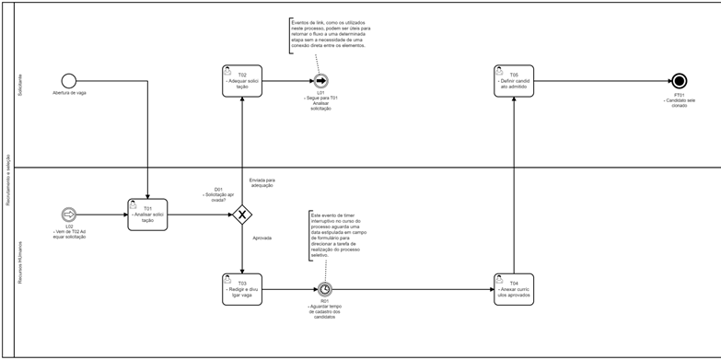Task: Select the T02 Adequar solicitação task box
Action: [x=241, y=81]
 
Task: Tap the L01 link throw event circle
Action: [x=320, y=81]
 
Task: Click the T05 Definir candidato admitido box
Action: [x=514, y=81]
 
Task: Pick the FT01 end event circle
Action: [x=680, y=81]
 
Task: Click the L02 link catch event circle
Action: [x=68, y=215]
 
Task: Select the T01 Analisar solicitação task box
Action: [x=147, y=215]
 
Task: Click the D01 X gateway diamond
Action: [x=241, y=215]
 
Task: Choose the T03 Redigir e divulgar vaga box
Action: [x=241, y=288]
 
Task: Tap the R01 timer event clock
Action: [x=324, y=289]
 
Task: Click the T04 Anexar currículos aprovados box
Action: [x=514, y=288]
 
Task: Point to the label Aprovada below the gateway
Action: [x=262, y=238]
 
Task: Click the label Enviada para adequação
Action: [x=262, y=182]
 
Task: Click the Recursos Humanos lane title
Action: [x=20, y=262]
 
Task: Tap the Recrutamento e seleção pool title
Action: [x=7, y=180]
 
